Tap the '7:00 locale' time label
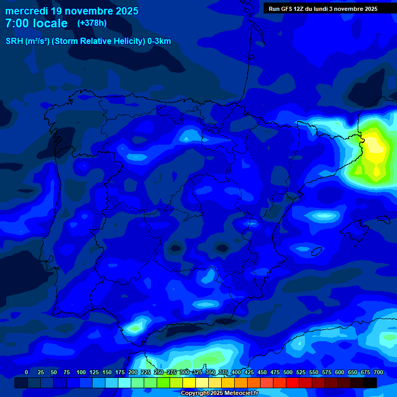tap(36, 23)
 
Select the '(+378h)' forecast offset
tap(91, 23)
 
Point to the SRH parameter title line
tap(88, 41)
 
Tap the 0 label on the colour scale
tap(26, 373)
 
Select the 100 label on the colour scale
tap(81, 373)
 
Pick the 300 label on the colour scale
tap(185, 373)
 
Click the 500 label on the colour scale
tap(288, 373)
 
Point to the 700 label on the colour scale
tap(378, 373)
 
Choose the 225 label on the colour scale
tap(146, 373)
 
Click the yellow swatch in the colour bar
tap(189, 383)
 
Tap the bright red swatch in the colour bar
tap(293, 383)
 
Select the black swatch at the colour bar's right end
tap(370, 383)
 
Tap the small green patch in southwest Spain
tap(135, 327)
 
